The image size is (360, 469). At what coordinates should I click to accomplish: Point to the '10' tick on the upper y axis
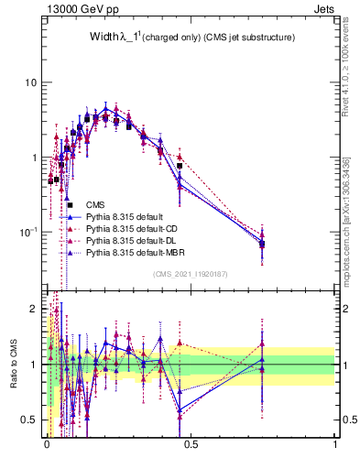(x=30, y=82)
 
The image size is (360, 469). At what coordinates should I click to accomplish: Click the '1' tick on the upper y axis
(x=34, y=157)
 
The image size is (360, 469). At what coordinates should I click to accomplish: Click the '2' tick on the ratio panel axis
(x=34, y=309)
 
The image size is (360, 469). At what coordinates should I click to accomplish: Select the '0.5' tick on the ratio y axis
(x=29, y=420)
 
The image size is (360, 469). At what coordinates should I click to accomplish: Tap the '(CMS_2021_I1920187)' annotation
(x=190, y=274)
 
